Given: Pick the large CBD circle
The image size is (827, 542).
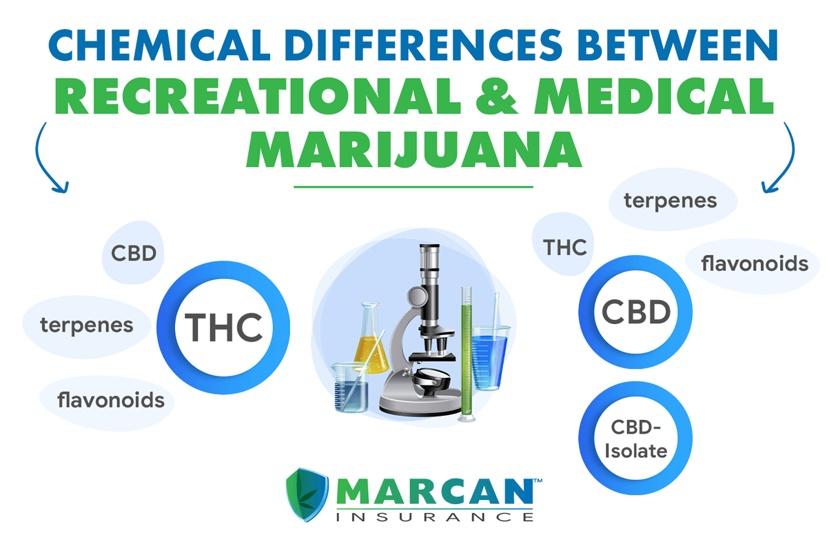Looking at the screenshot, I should pos(635,312).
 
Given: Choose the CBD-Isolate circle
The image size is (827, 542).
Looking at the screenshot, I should pos(635,440).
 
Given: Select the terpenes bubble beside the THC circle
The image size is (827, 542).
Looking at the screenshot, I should pos(86,325).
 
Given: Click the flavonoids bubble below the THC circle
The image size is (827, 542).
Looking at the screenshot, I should pos(110,399).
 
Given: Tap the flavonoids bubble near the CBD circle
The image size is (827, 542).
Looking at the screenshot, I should pos(754,263).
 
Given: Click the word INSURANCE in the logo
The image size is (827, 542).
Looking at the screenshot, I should pos(436,516).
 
